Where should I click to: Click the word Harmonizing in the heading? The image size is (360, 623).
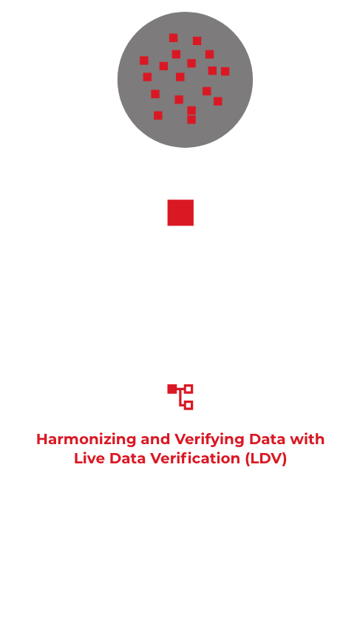tap(86, 439)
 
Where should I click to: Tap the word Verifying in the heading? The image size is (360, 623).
tap(209, 440)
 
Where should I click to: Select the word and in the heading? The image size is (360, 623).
tap(155, 439)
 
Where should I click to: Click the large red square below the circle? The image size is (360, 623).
tap(180, 213)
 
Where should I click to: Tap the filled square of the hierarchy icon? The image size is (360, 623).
tap(172, 389)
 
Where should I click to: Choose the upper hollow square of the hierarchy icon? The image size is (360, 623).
tap(189, 389)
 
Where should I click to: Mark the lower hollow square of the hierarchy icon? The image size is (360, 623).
tap(189, 405)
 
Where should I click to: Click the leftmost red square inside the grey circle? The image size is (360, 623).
tap(144, 61)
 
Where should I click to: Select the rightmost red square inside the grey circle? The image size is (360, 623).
tap(225, 71)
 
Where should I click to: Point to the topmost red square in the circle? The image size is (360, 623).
tap(173, 38)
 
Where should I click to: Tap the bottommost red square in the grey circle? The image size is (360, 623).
tap(191, 120)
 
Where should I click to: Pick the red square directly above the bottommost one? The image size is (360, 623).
tap(191, 110)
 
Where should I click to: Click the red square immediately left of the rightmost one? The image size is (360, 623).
tap(212, 70)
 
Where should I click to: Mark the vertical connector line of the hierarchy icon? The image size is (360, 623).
tap(180, 398)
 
